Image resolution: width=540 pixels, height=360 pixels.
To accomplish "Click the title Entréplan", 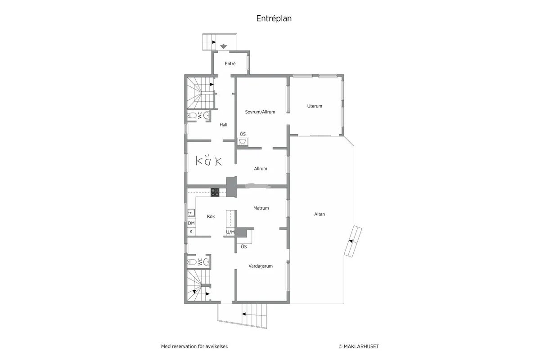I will click(x=274, y=18).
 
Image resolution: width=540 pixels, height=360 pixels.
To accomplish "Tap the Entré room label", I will click(x=230, y=64).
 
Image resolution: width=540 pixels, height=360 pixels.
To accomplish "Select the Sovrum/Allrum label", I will click(x=260, y=112).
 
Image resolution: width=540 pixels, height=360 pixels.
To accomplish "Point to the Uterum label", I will click(x=315, y=106).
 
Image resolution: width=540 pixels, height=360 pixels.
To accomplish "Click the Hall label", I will click(x=224, y=125).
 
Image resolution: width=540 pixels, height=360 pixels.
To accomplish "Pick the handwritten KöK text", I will click(x=209, y=161).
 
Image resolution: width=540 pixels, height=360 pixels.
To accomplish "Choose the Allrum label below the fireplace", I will click(x=261, y=169).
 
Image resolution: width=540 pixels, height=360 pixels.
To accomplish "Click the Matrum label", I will click(x=261, y=208).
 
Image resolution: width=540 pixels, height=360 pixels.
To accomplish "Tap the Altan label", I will click(x=319, y=214).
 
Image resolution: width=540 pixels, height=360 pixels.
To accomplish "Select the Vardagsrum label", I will click(x=261, y=266).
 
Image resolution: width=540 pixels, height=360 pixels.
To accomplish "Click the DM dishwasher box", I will click(x=191, y=223).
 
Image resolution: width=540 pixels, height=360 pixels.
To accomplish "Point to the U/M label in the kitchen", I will click(x=230, y=232).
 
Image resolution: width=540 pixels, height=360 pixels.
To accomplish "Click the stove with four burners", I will click(x=215, y=192).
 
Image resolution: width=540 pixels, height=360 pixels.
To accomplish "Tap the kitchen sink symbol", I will click(x=191, y=212).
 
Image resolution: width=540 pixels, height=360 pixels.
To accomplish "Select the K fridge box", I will click(x=191, y=232).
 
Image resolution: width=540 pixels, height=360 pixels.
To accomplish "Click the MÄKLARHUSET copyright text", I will click(x=359, y=346).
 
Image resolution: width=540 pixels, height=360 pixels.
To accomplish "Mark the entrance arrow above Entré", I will click(x=224, y=46).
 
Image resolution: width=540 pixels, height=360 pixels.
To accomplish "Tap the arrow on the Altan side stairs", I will click(x=351, y=242).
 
